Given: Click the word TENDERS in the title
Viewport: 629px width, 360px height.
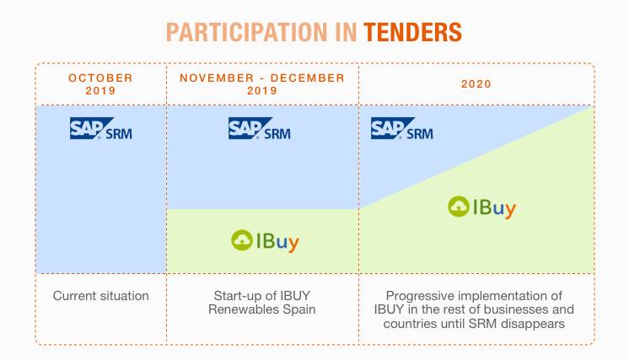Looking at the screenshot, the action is pyautogui.click(x=413, y=32).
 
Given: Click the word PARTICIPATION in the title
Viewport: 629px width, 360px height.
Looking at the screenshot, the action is pyautogui.click(x=247, y=32).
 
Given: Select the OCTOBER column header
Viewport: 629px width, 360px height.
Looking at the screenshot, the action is pyautogui.click(x=100, y=78).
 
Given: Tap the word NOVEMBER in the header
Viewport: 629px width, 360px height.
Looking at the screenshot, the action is pyautogui.click(x=217, y=78).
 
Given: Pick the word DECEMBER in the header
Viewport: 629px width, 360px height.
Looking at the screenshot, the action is pyautogui.click(x=308, y=78).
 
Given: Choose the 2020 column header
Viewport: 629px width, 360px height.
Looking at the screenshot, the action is pyautogui.click(x=476, y=83).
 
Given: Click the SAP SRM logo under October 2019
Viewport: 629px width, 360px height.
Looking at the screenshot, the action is pyautogui.click(x=101, y=128).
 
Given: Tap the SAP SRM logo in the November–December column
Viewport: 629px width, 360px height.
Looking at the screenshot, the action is pyautogui.click(x=260, y=128).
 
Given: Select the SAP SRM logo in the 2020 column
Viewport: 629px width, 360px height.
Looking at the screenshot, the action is pyautogui.click(x=402, y=128).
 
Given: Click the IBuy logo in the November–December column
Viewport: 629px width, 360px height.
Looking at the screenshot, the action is pyautogui.click(x=265, y=240).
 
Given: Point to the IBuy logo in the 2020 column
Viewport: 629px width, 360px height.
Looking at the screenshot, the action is pyautogui.click(x=481, y=207).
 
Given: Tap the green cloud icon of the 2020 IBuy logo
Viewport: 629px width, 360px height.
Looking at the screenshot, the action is pyautogui.click(x=459, y=207).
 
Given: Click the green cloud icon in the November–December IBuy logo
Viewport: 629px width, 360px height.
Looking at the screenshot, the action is pyautogui.click(x=242, y=240).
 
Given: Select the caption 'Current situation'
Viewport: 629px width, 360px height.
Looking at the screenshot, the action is pyautogui.click(x=100, y=296).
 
